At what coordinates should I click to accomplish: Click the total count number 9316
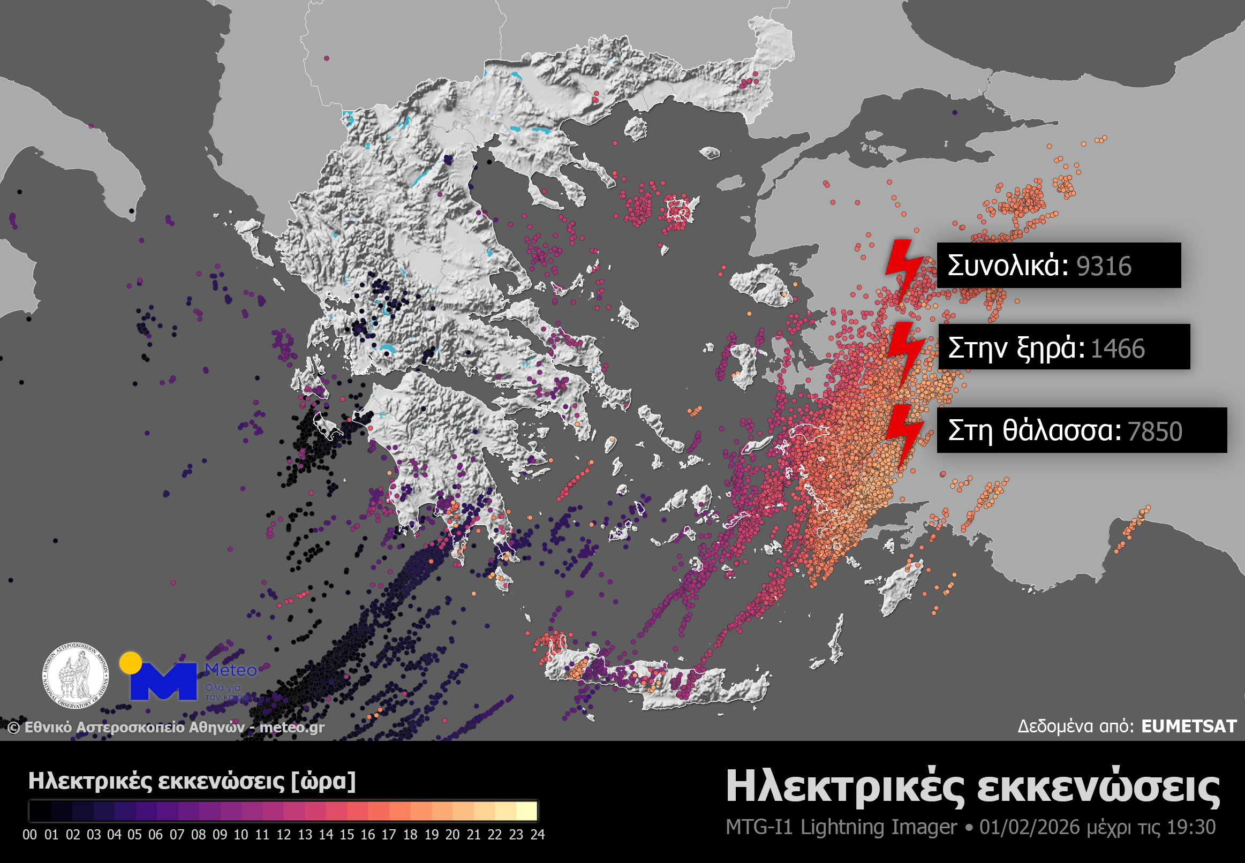tap(1103, 266)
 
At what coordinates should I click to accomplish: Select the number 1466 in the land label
tap(1118, 349)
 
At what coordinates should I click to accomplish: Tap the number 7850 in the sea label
tap(1155, 431)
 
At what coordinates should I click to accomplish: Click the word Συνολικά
tap(1008, 266)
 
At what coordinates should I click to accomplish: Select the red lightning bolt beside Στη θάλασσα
tap(904, 436)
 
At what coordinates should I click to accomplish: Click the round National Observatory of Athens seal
tap(76, 676)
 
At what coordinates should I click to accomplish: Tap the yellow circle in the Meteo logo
tap(130, 663)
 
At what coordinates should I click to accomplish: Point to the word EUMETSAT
tap(1189, 726)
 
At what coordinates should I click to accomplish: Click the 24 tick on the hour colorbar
tap(537, 835)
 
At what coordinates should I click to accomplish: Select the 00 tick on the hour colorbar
tap(30, 835)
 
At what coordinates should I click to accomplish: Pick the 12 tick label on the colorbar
tap(283, 835)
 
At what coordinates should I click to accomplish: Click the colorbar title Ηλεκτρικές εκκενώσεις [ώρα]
tap(192, 781)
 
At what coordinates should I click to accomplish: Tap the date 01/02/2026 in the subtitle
tap(1029, 827)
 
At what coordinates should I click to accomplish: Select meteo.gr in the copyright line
tap(292, 727)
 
